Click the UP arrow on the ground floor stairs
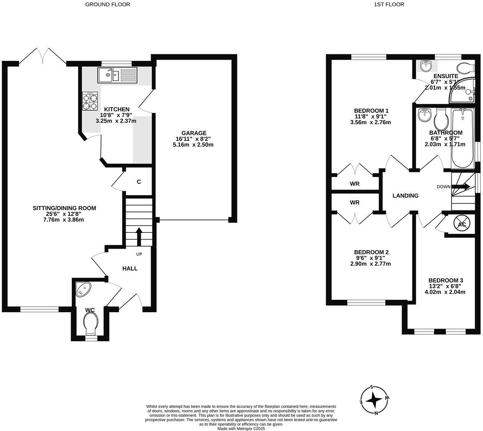[x=138, y=236]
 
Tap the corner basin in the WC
[x=84, y=289]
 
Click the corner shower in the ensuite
[x=463, y=92]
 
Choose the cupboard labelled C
[x=139, y=181]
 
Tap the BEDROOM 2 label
[x=371, y=252]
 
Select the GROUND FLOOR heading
[x=108, y=5]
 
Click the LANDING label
[x=405, y=196]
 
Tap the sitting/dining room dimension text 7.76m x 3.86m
[x=64, y=220]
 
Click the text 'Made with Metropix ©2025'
[x=241, y=428]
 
